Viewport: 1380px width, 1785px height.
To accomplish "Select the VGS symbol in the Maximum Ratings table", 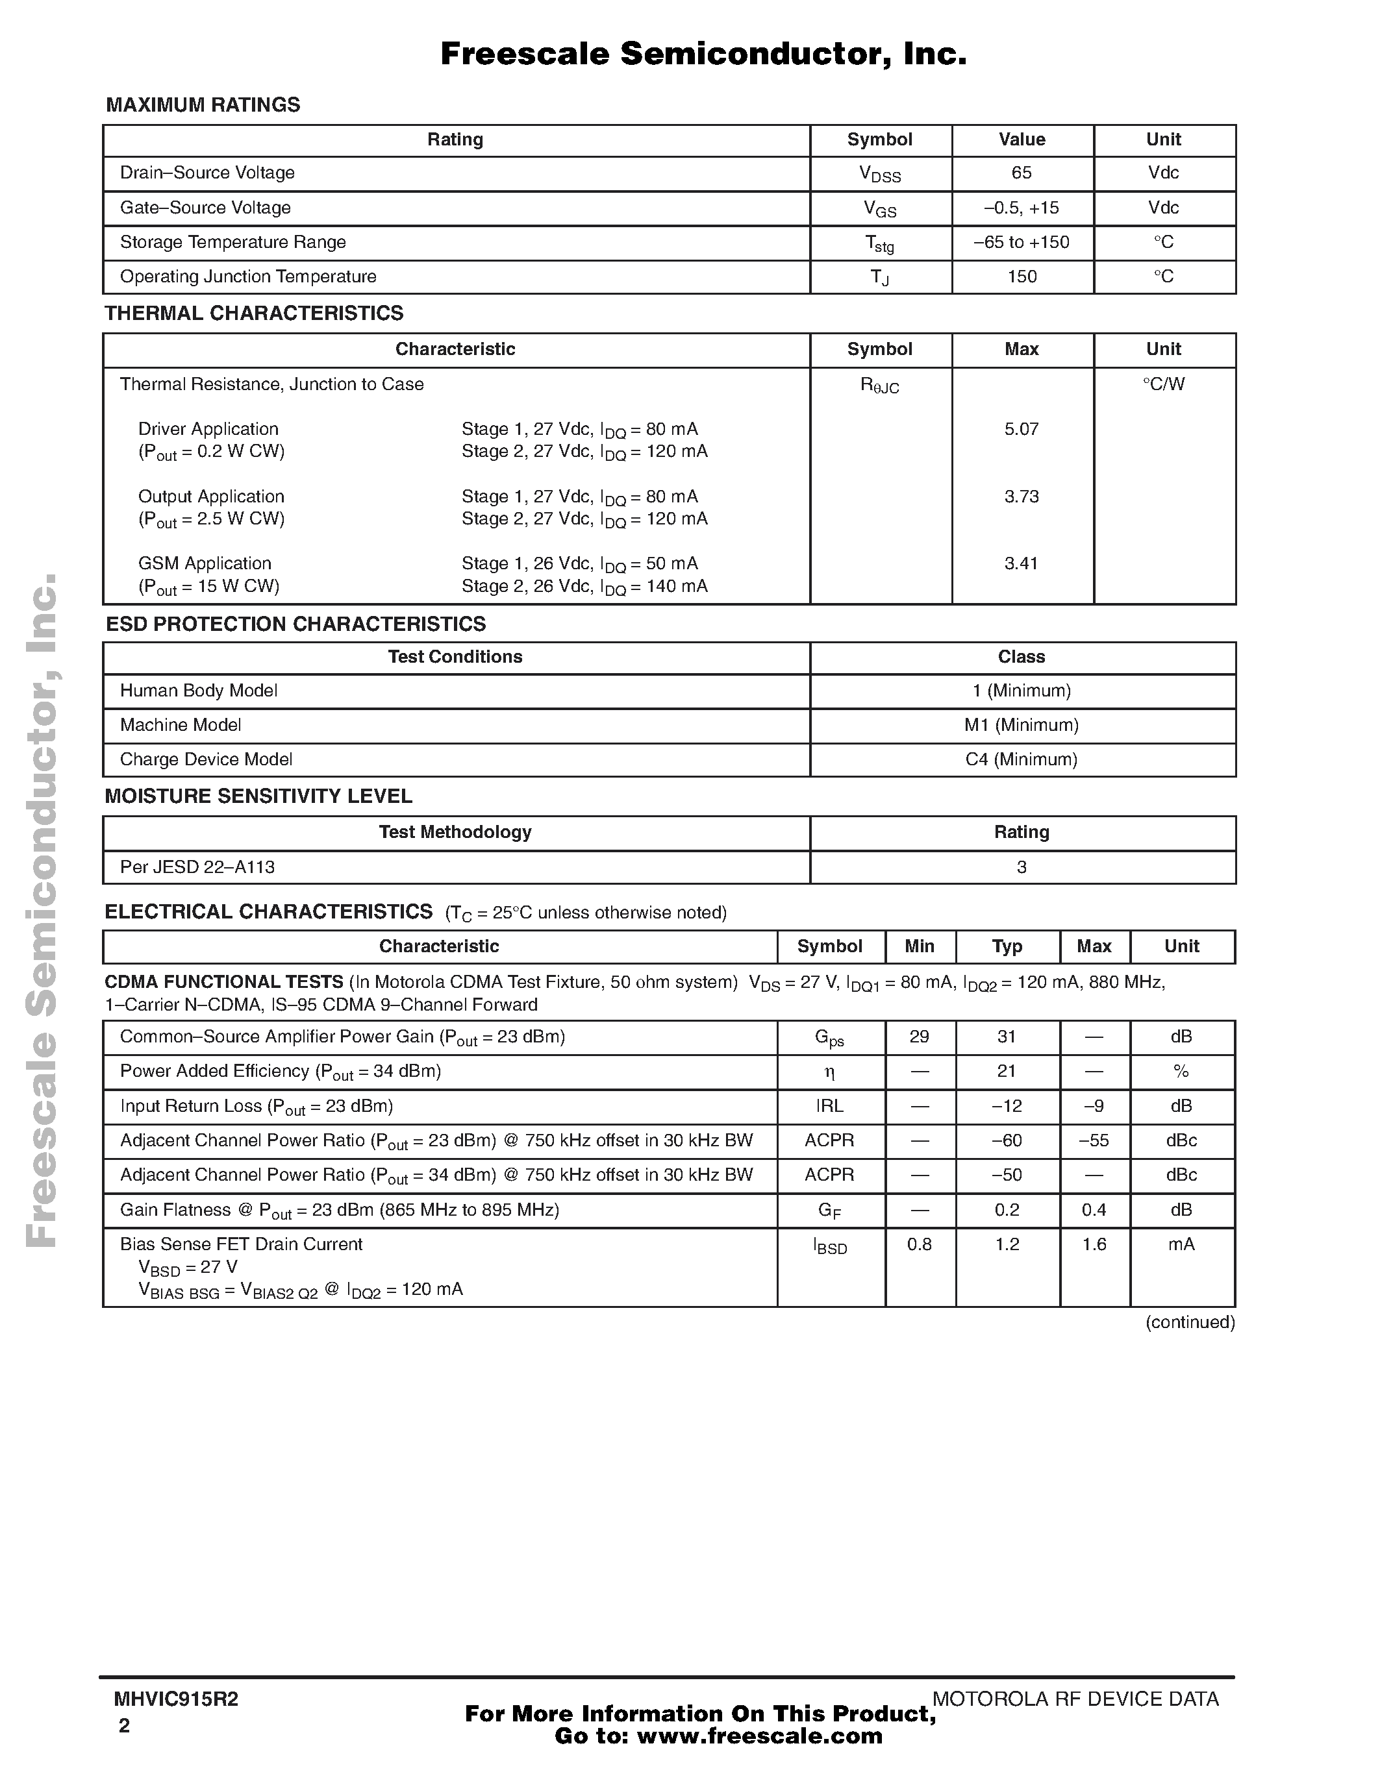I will [x=880, y=209].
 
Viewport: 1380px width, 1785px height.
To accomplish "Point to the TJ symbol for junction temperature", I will [x=880, y=278].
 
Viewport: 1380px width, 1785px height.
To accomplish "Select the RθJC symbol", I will [x=880, y=386].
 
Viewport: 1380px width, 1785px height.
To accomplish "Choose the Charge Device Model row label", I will [x=206, y=759].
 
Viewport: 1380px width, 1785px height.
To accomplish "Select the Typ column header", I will [x=1007, y=946].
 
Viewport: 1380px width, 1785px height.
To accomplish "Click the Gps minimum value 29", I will [x=919, y=1037].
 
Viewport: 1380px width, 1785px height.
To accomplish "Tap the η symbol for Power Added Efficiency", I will [x=830, y=1072].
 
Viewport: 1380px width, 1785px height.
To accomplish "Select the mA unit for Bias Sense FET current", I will [x=1181, y=1245].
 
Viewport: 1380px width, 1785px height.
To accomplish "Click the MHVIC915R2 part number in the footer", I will [x=176, y=1700].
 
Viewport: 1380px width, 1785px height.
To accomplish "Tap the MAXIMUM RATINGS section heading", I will [x=203, y=105].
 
